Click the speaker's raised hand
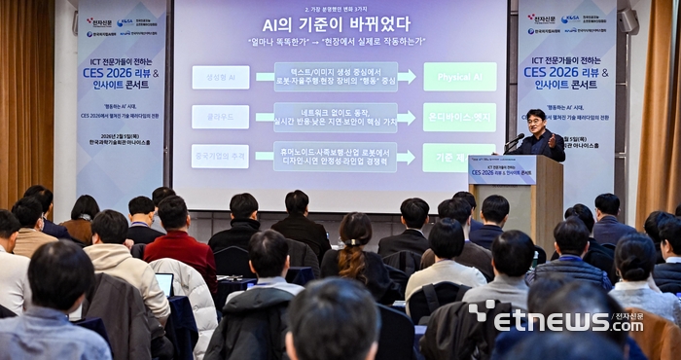[556, 140]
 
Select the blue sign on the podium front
[501, 169]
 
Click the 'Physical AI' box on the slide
[458, 77]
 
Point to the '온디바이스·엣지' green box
[458, 117]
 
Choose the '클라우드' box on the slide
[220, 117]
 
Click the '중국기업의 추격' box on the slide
[220, 156]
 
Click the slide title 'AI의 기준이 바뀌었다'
[336, 24]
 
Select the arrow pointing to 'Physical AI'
[407, 77]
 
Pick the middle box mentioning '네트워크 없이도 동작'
[335, 117]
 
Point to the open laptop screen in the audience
[164, 283]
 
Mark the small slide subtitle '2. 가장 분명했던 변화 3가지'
[336, 7]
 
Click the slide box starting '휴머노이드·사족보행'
[335, 157]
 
